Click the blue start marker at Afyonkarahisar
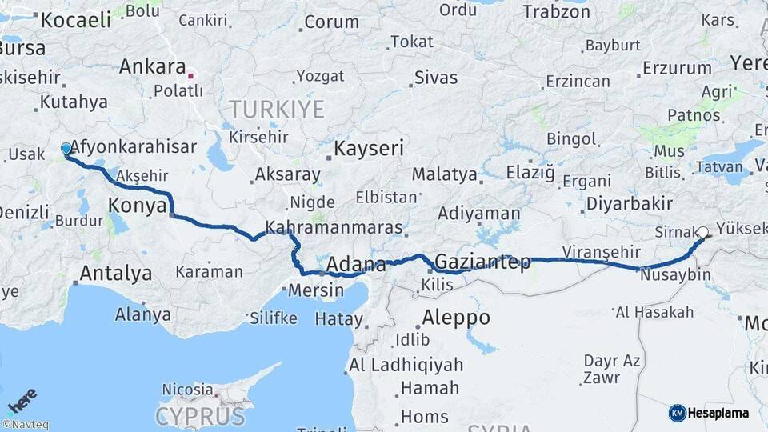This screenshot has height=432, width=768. (66, 148)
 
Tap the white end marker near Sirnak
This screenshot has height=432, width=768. (702, 233)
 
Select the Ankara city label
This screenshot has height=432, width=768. (152, 66)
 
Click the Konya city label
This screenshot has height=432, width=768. (136, 206)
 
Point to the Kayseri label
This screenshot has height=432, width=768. (368, 148)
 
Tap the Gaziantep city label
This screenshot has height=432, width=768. (482, 262)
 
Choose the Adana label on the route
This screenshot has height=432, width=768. (353, 265)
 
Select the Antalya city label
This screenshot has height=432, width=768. (115, 274)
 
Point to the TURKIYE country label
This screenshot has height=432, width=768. (277, 109)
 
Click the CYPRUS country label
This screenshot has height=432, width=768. (199, 416)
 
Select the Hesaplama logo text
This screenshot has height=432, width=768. (719, 413)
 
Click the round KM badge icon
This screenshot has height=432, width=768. (677, 413)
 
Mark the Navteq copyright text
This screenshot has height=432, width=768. (25, 425)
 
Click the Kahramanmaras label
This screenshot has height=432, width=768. (334, 227)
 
